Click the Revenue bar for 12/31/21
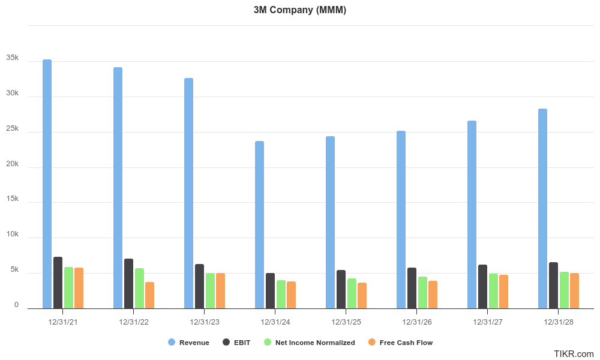tap(47, 184)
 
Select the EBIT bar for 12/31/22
tap(128, 283)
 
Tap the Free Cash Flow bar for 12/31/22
tap(149, 295)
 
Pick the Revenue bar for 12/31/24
tap(259, 224)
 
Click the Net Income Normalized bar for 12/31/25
tap(352, 293)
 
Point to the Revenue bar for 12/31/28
tap(542, 208)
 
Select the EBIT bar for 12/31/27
tap(482, 286)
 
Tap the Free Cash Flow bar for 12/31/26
tap(433, 294)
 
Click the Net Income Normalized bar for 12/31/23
tap(210, 290)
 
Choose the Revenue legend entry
tap(189, 343)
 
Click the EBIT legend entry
tap(238, 343)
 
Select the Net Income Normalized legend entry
tap(310, 343)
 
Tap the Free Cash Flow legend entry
tap(400, 343)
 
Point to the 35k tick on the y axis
tap(13, 58)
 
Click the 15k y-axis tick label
tap(13, 199)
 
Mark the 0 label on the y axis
tap(16, 305)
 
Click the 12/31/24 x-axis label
tap(275, 322)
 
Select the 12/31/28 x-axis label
tap(559, 322)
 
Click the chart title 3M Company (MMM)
tap(300, 10)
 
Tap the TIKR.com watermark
tap(574, 354)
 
